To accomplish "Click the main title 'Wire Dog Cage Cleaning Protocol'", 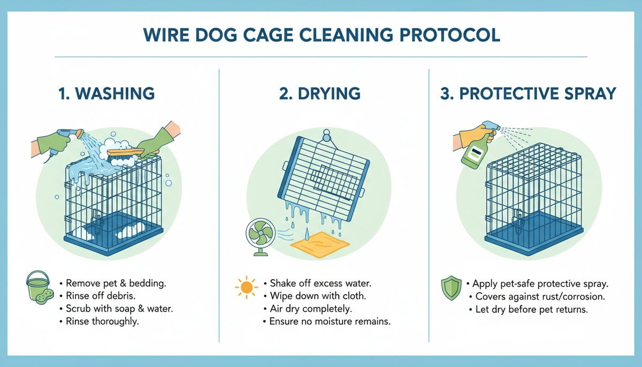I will point(320,35).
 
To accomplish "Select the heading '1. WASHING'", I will point(106,93).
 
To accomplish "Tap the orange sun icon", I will point(246,288).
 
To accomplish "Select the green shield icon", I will point(450,288).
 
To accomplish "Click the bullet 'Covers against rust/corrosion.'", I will point(529,296).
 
